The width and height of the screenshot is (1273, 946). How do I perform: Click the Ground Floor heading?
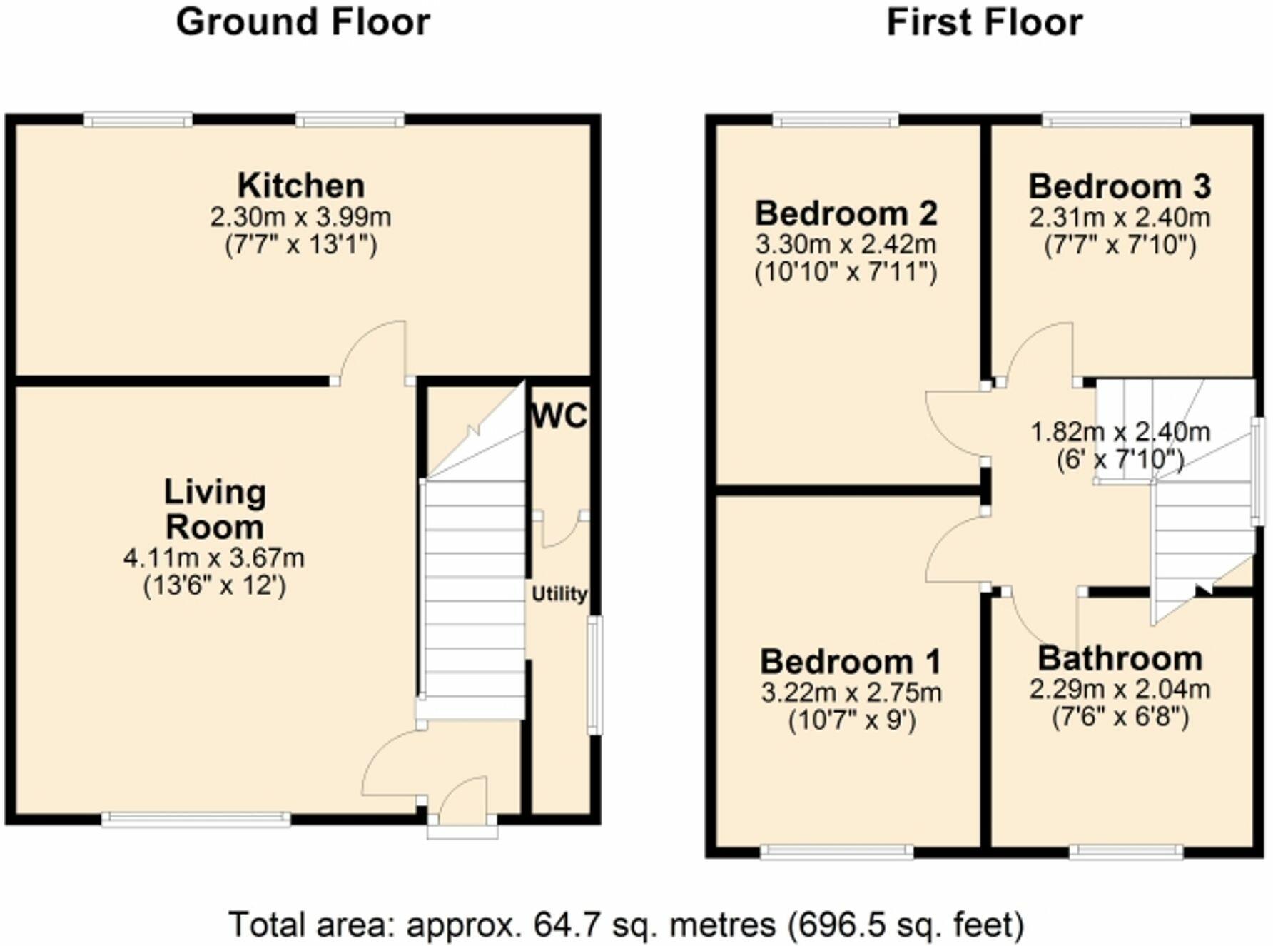pos(303,23)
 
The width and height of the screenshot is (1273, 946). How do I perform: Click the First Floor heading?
pos(984,23)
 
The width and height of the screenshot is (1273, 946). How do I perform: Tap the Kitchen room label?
pos(301,186)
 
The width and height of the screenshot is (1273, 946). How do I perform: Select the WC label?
pos(559,416)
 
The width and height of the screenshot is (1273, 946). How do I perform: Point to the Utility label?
pos(559,594)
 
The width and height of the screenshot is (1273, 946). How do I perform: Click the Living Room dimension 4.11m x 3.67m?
pos(214,558)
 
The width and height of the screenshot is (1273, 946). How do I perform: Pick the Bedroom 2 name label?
pos(846,213)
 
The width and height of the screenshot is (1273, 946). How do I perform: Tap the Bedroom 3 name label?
pos(1120,186)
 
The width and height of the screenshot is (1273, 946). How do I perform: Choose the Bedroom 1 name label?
pos(851,662)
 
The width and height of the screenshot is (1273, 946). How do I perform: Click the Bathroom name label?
pos(1120,658)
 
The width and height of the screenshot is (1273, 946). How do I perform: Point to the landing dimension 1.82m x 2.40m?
pos(1120,432)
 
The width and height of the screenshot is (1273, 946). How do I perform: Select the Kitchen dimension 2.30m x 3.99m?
pos(300,217)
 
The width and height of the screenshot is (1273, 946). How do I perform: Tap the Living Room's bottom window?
pos(196,819)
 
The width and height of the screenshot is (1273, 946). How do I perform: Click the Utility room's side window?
pos(594,675)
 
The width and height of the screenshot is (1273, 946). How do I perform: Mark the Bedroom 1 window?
pos(837,851)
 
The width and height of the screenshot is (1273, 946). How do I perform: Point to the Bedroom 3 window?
pos(1116,120)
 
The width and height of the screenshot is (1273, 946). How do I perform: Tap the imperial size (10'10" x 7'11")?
pos(846,273)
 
